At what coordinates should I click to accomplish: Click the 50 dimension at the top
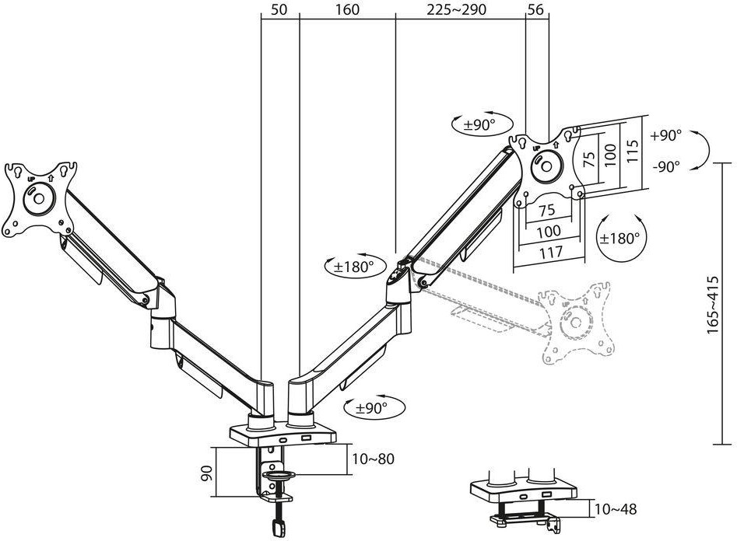(279, 9)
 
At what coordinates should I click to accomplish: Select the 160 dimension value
(347, 9)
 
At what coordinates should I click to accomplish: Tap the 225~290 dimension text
(456, 9)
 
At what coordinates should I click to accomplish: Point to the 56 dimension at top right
(535, 9)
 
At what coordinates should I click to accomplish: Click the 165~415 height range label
(713, 305)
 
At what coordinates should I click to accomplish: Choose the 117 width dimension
(550, 252)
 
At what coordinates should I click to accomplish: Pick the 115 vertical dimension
(633, 152)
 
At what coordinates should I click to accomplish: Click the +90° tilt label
(665, 135)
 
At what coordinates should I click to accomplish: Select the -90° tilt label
(665, 166)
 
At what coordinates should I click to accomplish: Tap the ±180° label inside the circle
(620, 238)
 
